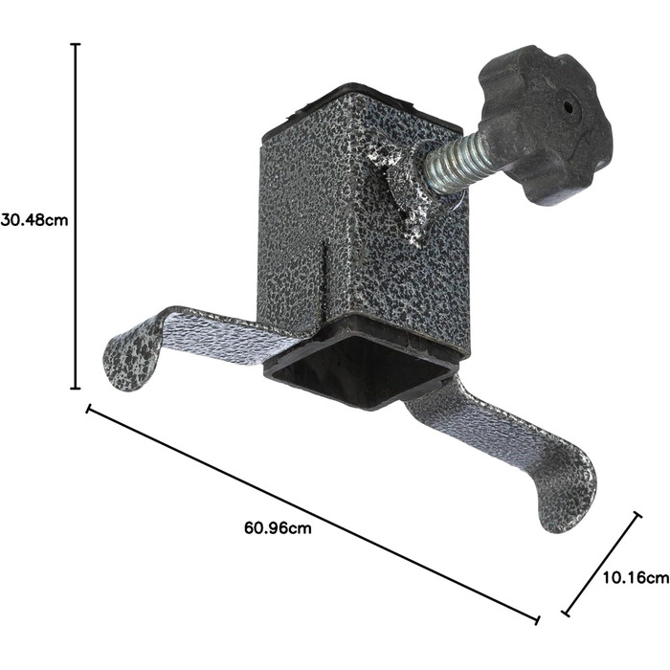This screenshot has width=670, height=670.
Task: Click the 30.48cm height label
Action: coord(34,220)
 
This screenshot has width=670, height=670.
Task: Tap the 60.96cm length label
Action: coord(278,528)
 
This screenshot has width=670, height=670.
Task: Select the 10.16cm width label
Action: coord(636,578)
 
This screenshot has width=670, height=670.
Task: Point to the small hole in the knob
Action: coord(568,106)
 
